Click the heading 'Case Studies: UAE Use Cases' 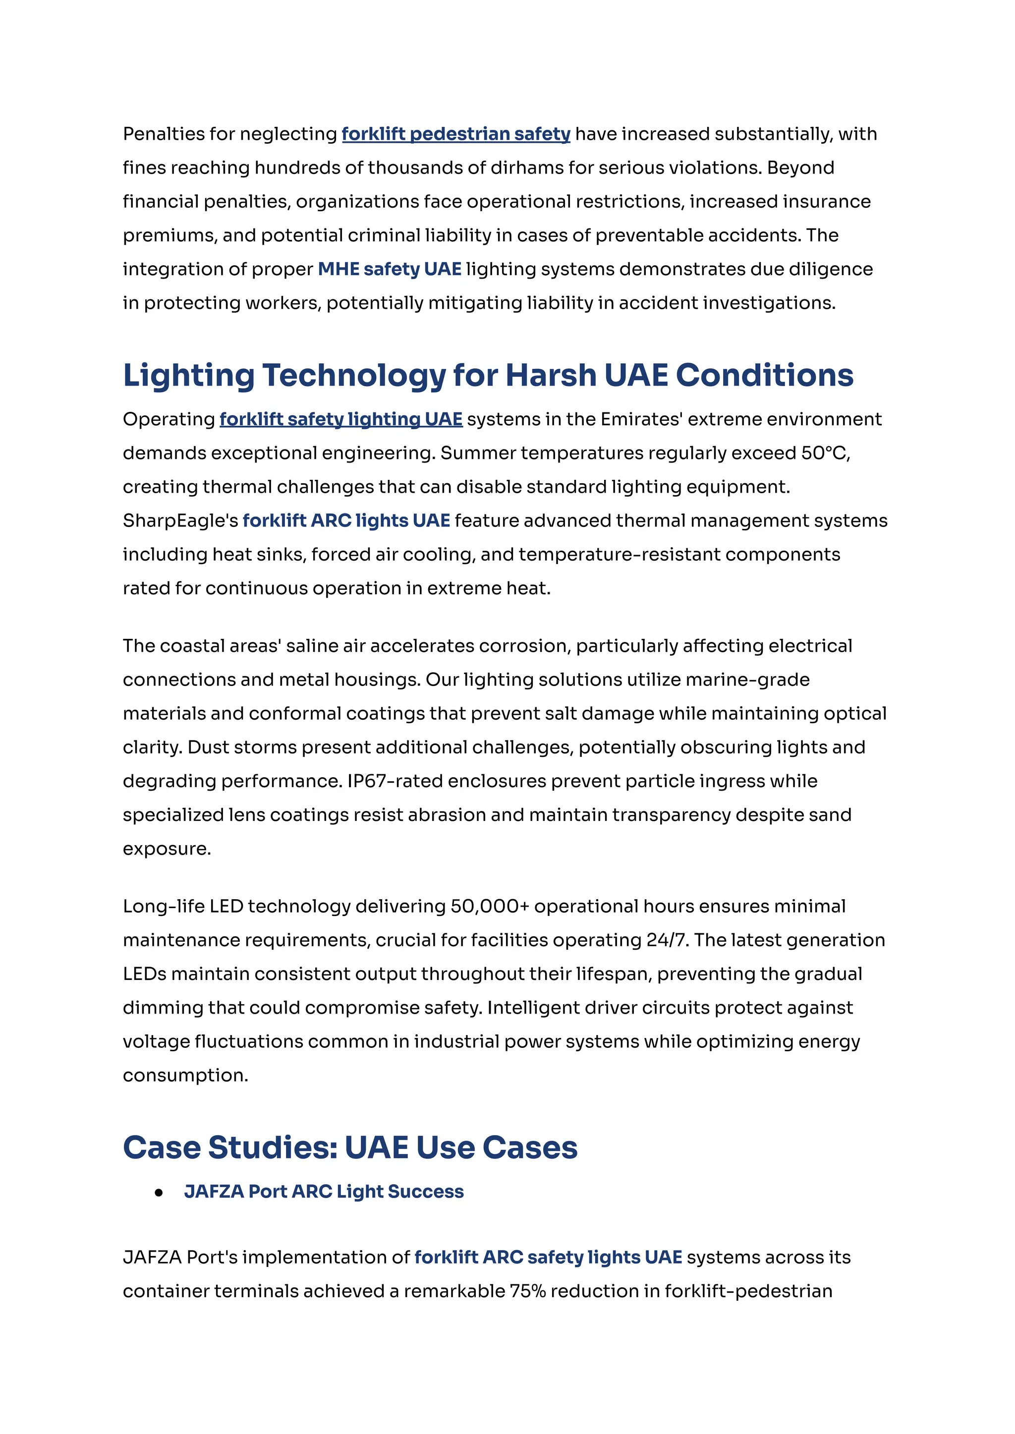coord(350,1147)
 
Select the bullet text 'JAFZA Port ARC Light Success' coord(324,1192)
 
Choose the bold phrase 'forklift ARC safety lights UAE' coord(548,1257)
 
